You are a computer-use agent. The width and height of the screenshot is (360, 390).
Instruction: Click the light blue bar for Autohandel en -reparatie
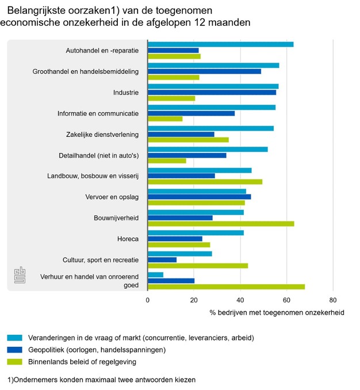(220, 44)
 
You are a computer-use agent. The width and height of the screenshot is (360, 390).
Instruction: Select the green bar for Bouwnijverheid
(221, 224)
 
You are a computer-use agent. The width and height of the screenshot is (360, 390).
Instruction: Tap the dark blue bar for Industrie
(212, 92)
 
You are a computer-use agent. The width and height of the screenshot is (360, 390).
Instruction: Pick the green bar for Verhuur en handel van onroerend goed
(226, 286)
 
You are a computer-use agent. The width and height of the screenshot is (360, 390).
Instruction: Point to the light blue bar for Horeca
(196, 232)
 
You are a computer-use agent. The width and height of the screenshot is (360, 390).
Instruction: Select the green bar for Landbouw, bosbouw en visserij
(205, 182)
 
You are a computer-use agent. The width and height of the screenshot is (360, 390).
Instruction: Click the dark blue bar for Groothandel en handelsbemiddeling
(204, 71)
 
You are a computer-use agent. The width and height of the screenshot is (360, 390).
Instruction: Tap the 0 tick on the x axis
(148, 300)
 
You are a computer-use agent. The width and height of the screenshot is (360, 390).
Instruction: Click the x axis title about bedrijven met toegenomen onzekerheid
(277, 313)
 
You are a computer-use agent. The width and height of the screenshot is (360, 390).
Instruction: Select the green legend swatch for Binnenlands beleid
(22, 362)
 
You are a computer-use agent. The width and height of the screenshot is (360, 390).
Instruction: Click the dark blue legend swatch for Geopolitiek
(22, 350)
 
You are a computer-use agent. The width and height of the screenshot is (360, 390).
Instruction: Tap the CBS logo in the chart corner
(20, 276)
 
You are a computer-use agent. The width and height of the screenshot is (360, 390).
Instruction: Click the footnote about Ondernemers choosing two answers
(101, 380)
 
